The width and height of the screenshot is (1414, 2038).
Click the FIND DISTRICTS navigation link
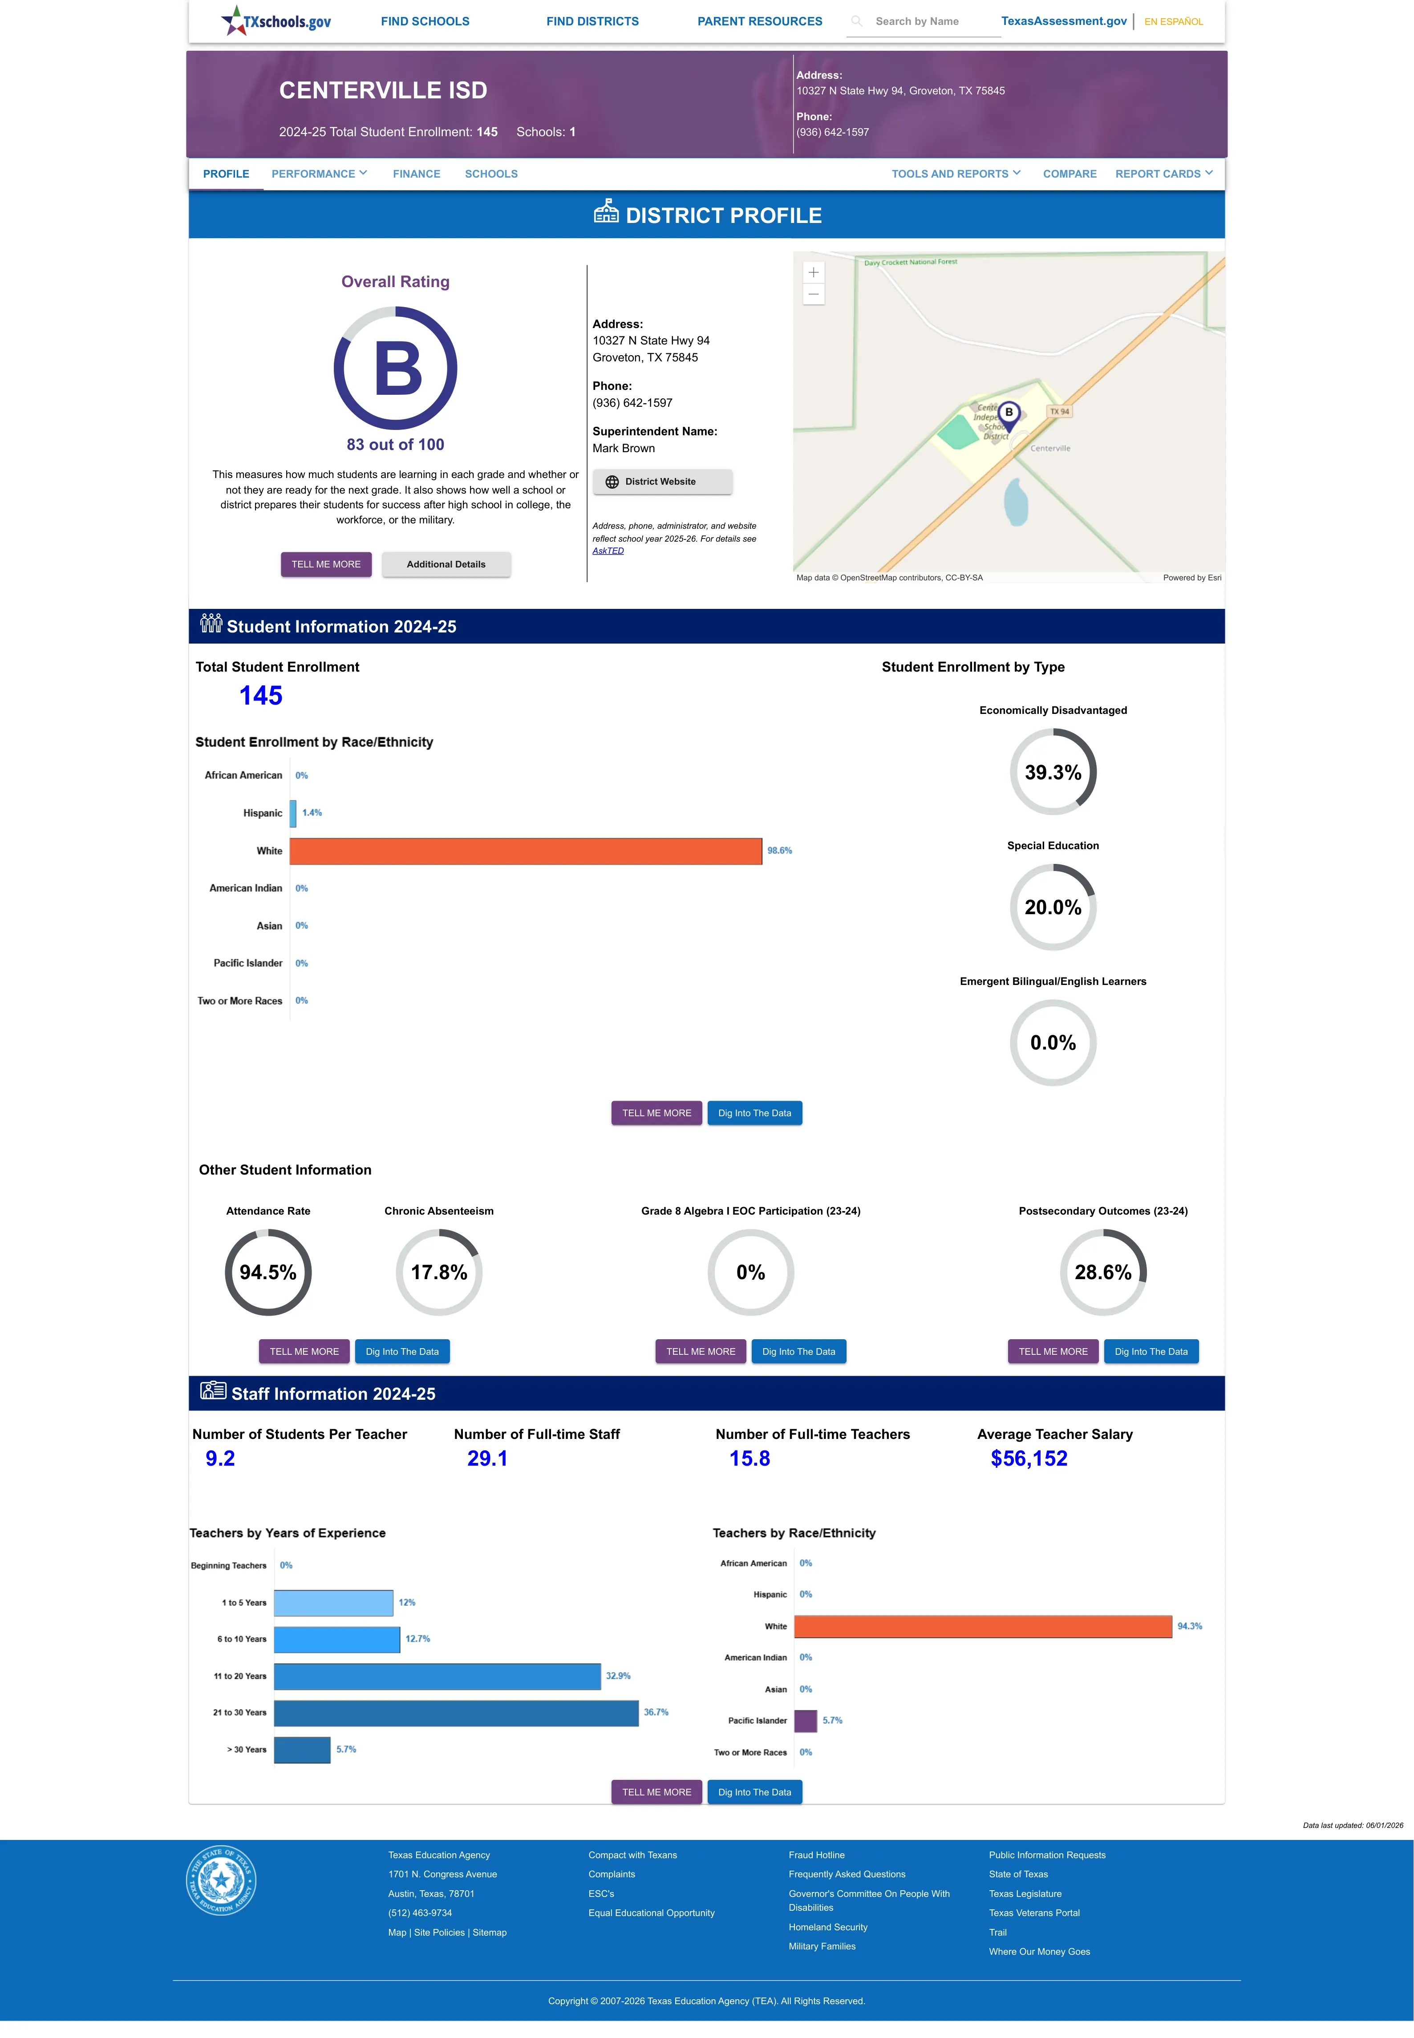coord(592,21)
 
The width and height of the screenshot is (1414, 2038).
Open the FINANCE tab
coord(417,174)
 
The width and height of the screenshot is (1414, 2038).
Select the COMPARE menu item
coord(1070,174)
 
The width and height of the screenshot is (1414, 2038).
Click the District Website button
coord(662,482)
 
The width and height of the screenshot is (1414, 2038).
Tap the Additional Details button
coord(446,564)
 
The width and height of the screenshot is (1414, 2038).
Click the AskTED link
coord(608,551)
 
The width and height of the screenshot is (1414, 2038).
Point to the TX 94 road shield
coord(1059,411)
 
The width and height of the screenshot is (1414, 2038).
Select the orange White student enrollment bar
coord(525,850)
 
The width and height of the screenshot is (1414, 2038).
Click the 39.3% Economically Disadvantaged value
coord(1053,772)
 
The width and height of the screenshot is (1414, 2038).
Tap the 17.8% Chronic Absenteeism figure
coord(438,1272)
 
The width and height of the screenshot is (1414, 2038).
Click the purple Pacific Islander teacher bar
coord(805,1720)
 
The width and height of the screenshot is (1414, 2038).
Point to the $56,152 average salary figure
coord(1029,1458)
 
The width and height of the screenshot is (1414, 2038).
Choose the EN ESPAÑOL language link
coord(1173,21)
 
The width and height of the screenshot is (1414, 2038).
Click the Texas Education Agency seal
coord(221,1880)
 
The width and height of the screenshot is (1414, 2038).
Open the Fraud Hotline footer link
coord(816,1855)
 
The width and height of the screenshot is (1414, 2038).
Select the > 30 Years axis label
coord(246,1749)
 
